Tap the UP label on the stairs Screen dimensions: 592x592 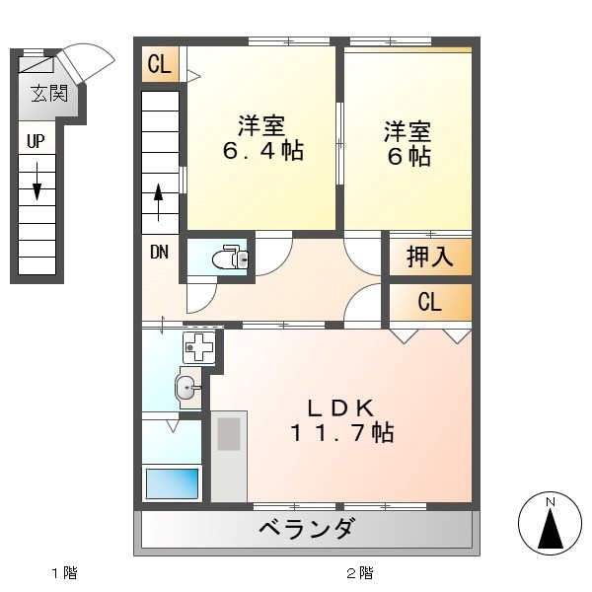coord(36,141)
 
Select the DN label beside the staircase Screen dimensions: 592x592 coord(159,251)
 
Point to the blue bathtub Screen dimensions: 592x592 coord(173,483)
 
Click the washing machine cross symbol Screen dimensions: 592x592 coord(198,348)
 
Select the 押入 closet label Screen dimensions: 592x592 coord(429,258)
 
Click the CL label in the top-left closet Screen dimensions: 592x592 coord(160,65)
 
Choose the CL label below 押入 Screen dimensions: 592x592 coord(429,303)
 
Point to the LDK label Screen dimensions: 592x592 coord(341,406)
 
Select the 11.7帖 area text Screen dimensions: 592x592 coord(341,432)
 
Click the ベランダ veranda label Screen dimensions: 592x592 coord(306,530)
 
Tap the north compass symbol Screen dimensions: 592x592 coord(551,523)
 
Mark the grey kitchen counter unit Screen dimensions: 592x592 coord(229,455)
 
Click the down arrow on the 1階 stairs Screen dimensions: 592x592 coord(37,180)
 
